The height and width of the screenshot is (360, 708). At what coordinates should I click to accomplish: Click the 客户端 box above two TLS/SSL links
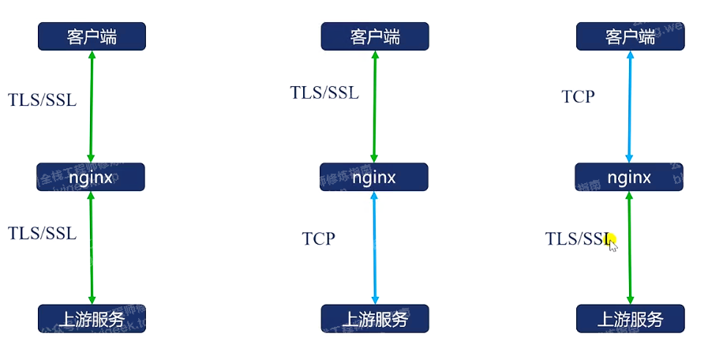(92, 36)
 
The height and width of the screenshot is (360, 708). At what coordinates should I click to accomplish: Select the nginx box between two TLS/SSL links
(91, 177)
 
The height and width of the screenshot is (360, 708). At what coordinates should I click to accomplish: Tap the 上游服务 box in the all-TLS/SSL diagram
(92, 319)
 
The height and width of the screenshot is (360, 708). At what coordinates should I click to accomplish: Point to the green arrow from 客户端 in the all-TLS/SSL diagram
(92, 107)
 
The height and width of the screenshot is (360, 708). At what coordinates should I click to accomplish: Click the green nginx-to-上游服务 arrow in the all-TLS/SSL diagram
(92, 247)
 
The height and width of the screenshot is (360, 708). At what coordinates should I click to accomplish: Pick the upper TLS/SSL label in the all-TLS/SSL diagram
(43, 99)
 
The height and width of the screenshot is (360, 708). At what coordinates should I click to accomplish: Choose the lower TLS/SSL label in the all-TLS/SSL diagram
(43, 233)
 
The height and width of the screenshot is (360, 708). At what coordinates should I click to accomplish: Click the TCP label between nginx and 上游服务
(318, 238)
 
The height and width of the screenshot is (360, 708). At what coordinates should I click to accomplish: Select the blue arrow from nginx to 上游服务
(374, 247)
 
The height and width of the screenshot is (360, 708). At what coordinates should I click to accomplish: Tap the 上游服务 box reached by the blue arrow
(374, 319)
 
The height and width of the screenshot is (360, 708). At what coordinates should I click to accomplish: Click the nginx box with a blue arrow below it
(374, 177)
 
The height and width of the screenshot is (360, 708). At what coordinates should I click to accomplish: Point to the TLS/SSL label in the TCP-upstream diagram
(324, 92)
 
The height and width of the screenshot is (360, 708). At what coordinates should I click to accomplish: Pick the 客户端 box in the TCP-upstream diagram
(374, 36)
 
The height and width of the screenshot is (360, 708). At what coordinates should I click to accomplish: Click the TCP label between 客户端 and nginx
(578, 96)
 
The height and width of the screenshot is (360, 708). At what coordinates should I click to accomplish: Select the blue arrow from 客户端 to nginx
(629, 107)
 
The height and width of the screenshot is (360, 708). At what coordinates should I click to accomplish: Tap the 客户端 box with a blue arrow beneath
(630, 36)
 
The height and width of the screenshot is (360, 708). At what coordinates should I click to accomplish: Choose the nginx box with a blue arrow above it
(629, 177)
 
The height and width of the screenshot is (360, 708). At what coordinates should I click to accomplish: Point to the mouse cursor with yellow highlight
(612, 242)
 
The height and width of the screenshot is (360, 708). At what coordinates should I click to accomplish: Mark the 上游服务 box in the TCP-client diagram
(630, 319)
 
